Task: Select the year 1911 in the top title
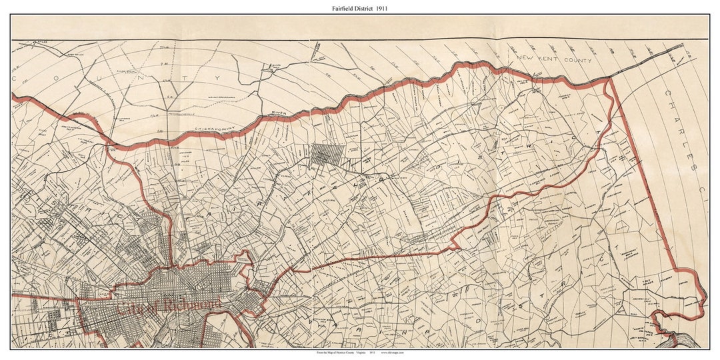(x=381, y=8)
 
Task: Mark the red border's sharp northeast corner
(x=611, y=79)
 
